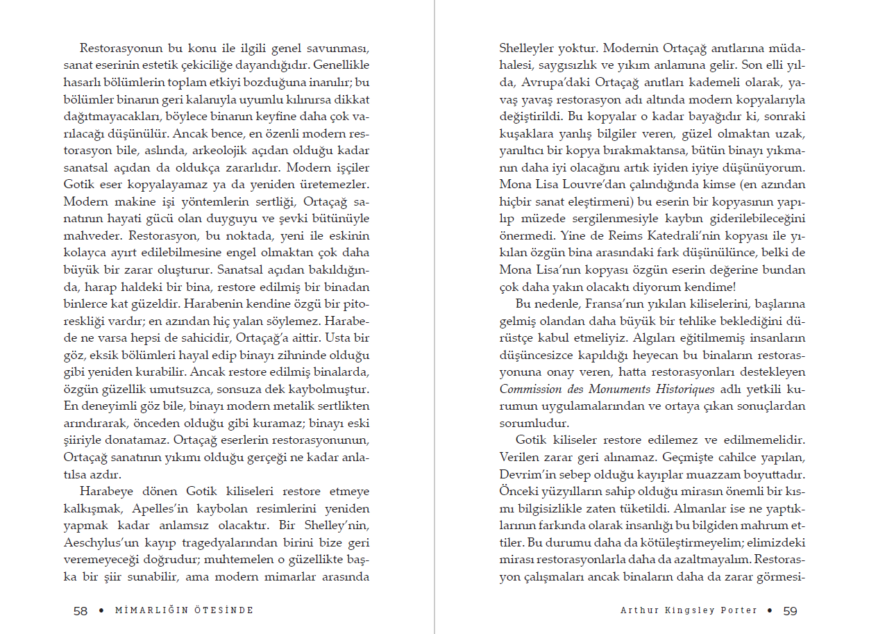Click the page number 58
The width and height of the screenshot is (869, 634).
tap(81, 611)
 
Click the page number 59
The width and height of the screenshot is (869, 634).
tap(790, 611)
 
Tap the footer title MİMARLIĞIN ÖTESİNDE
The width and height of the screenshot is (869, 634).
tap(185, 611)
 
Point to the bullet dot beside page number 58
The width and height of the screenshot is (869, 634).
tap(101, 611)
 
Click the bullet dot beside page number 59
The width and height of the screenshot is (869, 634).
tap(770, 611)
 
